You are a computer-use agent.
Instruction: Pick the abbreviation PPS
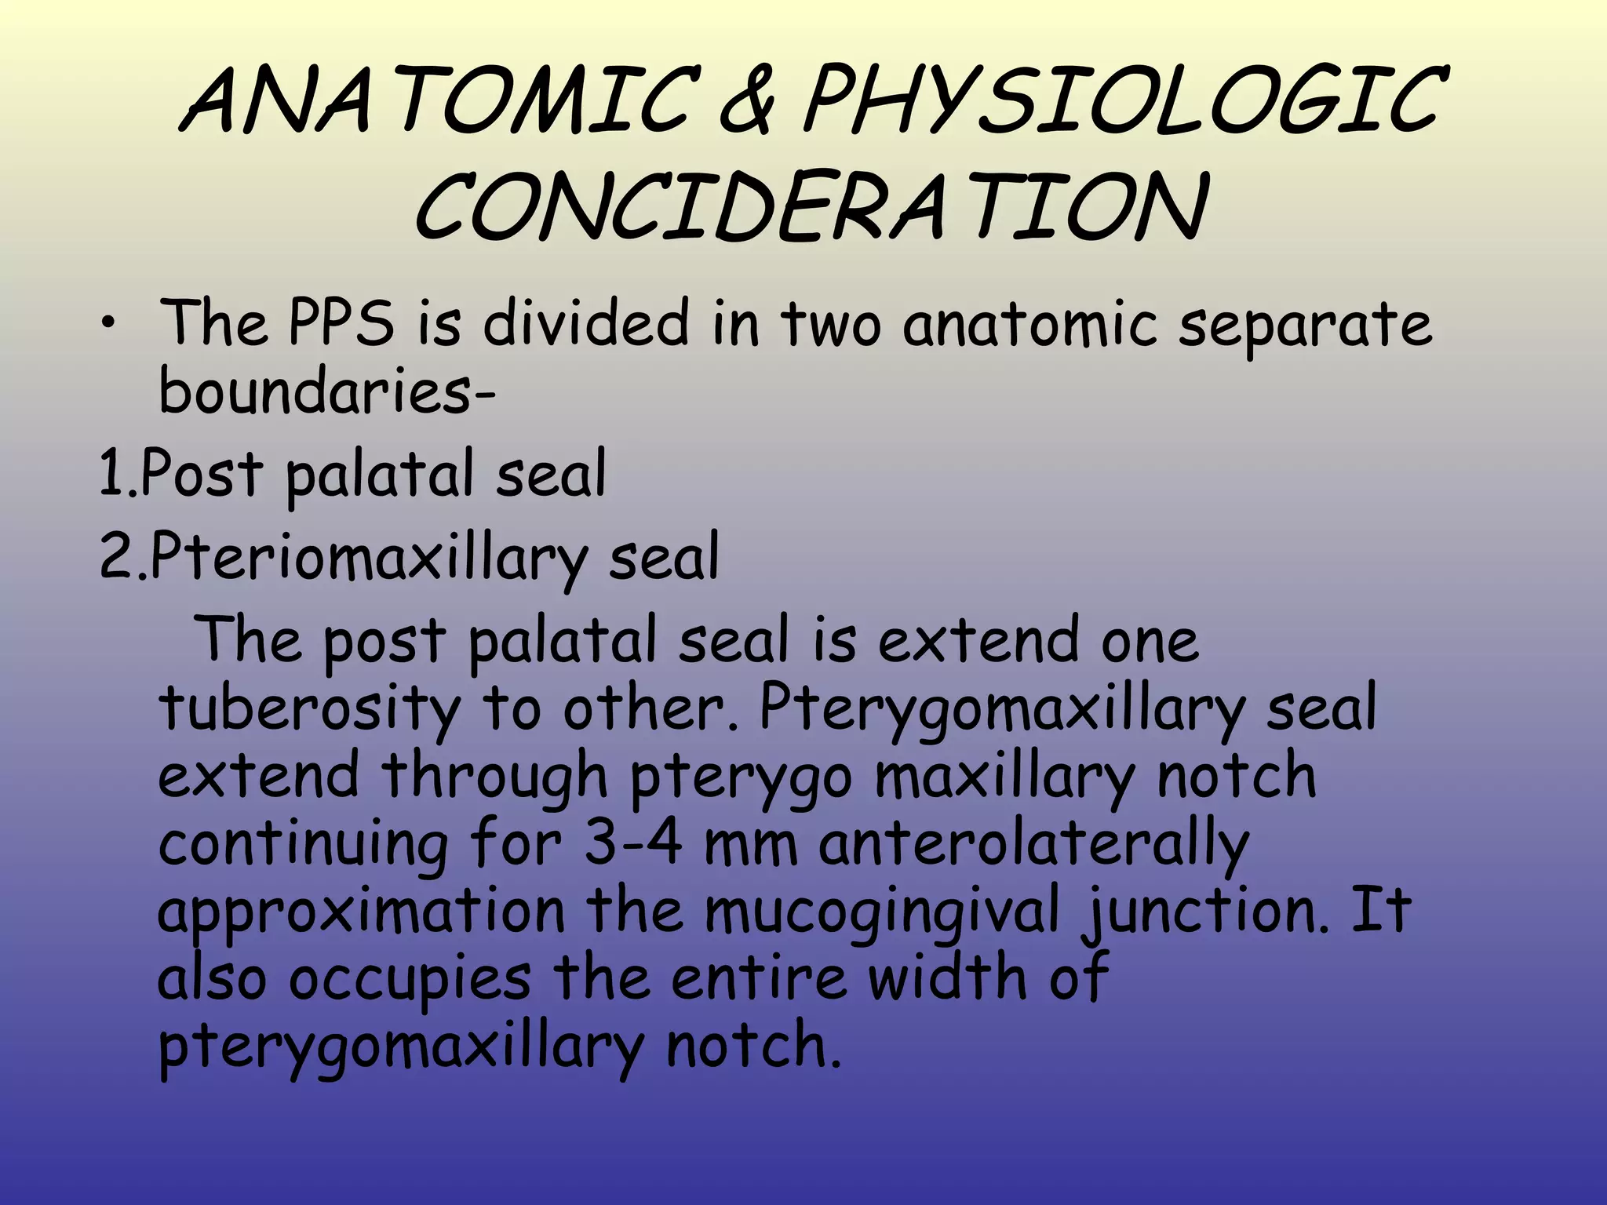pos(341,322)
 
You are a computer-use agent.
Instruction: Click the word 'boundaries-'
pos(326,391)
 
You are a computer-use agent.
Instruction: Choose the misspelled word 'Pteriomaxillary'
pos(369,556)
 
